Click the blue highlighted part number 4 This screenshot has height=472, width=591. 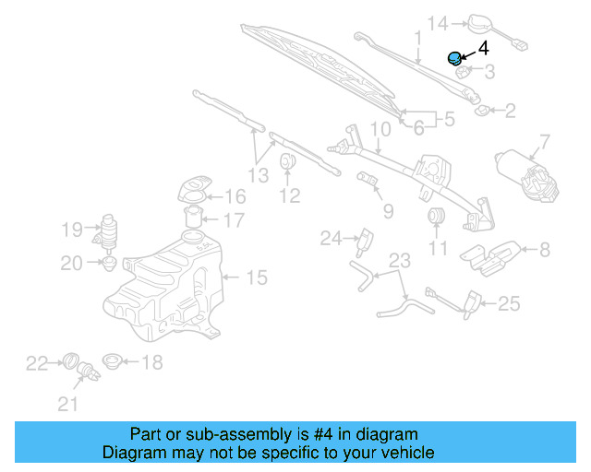point(454,59)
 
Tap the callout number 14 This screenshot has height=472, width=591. point(437,22)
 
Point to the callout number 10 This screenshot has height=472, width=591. point(380,129)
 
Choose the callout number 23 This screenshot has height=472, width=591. point(398,261)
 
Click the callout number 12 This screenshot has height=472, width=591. point(290,195)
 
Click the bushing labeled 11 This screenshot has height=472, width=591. point(436,218)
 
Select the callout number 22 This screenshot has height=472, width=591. point(36,363)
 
